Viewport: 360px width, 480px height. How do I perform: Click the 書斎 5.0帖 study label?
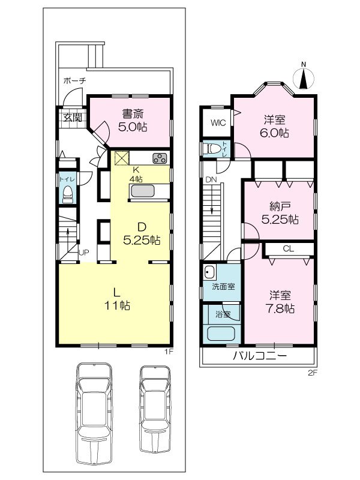pos(133,121)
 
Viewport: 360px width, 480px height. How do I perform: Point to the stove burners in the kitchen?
pos(160,158)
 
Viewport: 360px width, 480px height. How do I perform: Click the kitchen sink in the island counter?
pos(143,191)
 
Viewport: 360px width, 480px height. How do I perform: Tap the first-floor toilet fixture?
pos(67,193)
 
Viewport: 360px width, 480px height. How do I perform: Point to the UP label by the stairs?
pos(84,253)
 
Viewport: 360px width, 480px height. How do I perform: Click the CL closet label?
pos(287,248)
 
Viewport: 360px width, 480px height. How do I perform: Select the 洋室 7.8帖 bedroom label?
pos(280,302)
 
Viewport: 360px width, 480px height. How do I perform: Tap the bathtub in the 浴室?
pos(223,334)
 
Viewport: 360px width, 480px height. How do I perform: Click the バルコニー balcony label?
pos(259,356)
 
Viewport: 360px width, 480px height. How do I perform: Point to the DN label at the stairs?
pos(211,179)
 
